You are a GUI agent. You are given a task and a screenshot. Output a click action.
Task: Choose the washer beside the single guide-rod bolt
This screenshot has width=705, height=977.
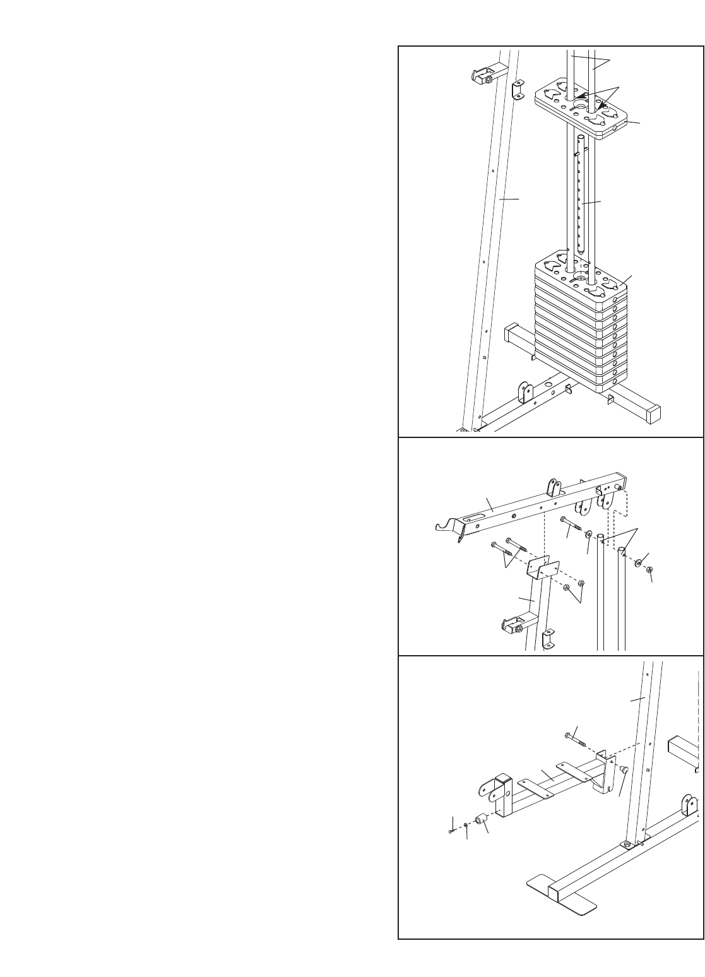(588, 535)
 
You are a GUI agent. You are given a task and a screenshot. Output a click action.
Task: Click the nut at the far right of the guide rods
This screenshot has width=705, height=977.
(649, 570)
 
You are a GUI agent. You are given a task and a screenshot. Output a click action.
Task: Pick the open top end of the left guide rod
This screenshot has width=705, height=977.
(600, 540)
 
